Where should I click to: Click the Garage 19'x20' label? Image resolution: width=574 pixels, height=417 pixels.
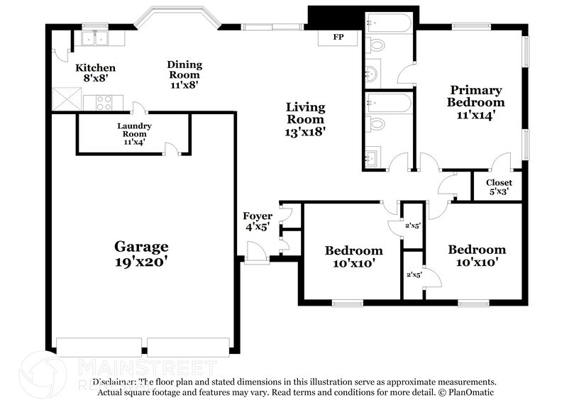pos(142,253)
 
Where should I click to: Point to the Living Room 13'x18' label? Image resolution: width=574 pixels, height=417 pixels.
pos(305,119)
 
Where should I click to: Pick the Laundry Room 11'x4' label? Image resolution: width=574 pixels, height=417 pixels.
pos(133,133)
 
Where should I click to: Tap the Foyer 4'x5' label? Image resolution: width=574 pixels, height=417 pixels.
pos(257,221)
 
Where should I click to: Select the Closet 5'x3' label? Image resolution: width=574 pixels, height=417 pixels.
pos(499,187)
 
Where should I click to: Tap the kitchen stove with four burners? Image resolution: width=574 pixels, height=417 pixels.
pos(104,104)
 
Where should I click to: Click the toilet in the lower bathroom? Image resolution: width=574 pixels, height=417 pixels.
pos(377,124)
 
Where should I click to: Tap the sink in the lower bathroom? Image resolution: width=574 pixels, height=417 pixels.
pos(371,156)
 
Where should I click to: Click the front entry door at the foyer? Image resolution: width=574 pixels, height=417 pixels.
pos(254,252)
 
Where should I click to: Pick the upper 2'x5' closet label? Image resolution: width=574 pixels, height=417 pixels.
pos(413,226)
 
